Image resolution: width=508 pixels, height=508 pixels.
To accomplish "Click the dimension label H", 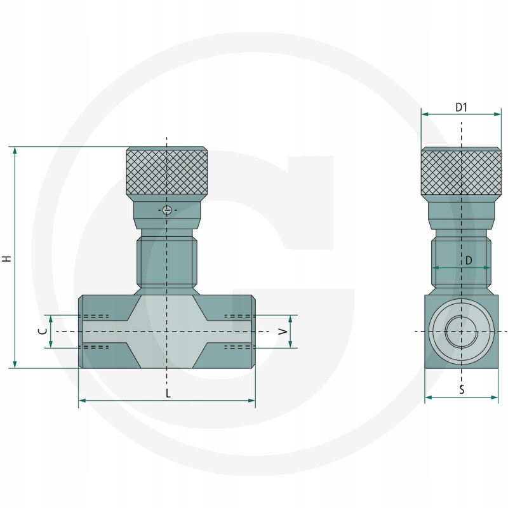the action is tap(7, 258).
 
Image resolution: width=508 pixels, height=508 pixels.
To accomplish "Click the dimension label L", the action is tap(168, 393).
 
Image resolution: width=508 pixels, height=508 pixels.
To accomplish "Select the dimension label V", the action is tap(283, 331).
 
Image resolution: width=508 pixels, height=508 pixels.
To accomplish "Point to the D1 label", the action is tap(461, 107).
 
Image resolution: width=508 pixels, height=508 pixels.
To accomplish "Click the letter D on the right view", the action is tap(469, 260).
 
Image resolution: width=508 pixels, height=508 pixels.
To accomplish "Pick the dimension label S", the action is tap(462, 389).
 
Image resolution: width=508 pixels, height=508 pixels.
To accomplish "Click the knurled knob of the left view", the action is tap(167, 171).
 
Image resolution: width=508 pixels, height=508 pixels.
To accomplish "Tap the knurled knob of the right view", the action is tap(461, 171).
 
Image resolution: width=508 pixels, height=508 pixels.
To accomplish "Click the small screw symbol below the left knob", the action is tap(167, 210).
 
